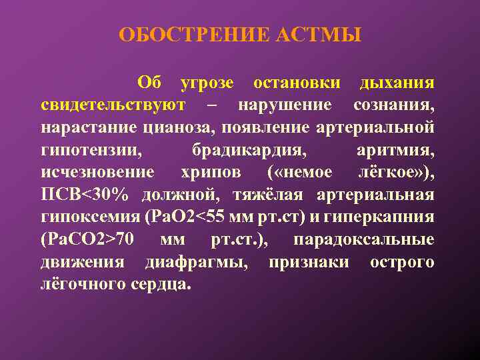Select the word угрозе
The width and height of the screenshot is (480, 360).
pyautogui.click(x=207, y=83)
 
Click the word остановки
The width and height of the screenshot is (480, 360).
pyautogui.click(x=297, y=83)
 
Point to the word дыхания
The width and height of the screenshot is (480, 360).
pyautogui.click(x=397, y=83)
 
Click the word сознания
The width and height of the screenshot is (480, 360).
pyautogui.click(x=394, y=105)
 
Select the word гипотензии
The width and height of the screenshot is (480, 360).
pyautogui.click(x=91, y=149)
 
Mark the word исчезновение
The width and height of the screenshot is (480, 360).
pyautogui.click(x=97, y=172)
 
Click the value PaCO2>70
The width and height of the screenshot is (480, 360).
pyautogui.click(x=88, y=239)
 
